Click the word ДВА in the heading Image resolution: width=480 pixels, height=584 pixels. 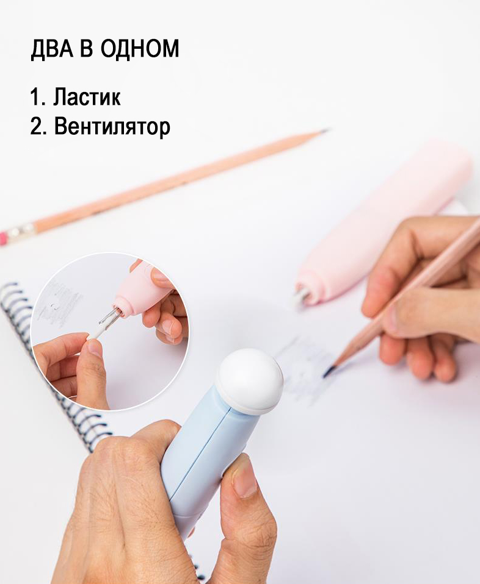(52, 48)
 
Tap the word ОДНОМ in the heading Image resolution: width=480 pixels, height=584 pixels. (140, 48)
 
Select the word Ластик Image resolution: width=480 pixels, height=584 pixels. (87, 96)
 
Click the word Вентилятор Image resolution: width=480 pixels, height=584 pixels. (112, 127)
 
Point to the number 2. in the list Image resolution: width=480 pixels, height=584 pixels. (38, 127)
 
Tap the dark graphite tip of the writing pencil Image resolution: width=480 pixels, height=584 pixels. (329, 371)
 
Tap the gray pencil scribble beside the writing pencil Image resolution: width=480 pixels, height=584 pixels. (302, 369)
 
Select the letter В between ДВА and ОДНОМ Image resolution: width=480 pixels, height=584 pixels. (86, 48)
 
